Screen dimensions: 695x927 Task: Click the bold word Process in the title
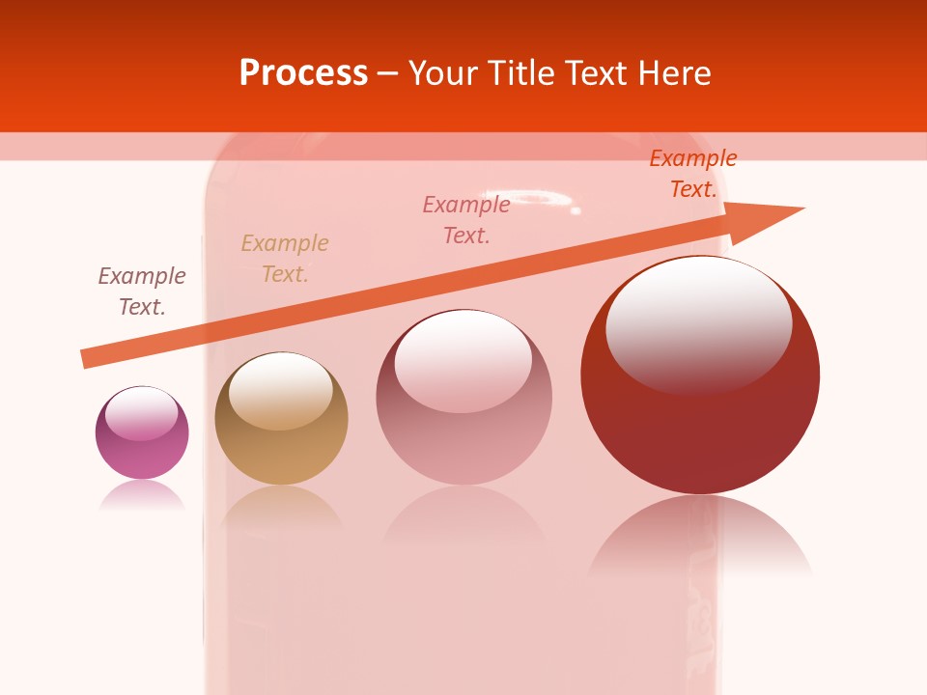pyautogui.click(x=303, y=73)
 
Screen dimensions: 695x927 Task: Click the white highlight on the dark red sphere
pyautogui.click(x=699, y=323)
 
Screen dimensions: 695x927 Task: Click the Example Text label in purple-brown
pyautogui.click(x=142, y=292)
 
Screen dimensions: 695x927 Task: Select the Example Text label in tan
pyautogui.click(x=285, y=259)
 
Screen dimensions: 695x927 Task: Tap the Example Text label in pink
pyautogui.click(x=466, y=220)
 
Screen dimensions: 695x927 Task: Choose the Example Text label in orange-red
pyautogui.click(x=693, y=174)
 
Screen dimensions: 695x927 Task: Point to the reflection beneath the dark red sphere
pyautogui.click(x=700, y=536)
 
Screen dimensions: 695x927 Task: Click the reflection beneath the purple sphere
pyautogui.click(x=142, y=494)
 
